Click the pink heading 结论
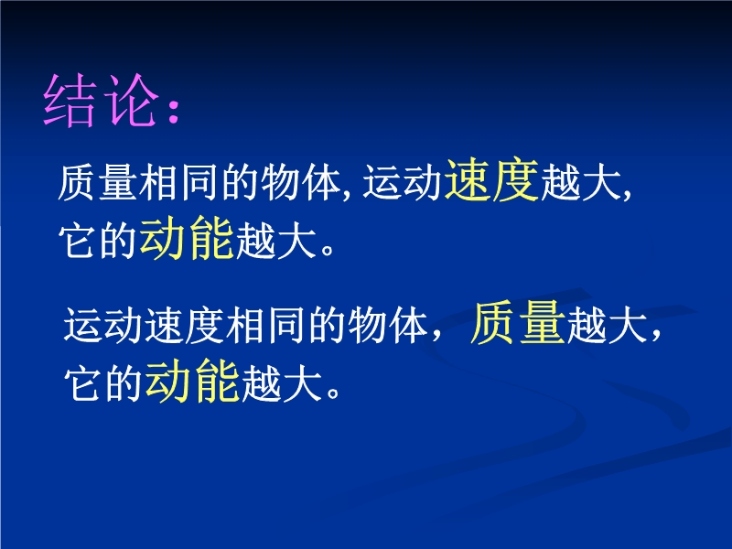(101, 101)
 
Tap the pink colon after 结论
(174, 110)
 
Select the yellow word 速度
(491, 179)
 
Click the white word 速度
(185, 324)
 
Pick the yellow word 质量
(518, 323)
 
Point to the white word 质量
(98, 181)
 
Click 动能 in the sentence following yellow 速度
(187, 238)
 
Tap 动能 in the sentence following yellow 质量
(192, 381)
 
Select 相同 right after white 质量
(178, 181)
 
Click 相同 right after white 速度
(265, 324)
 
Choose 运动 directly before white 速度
(103, 324)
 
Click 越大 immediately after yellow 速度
(580, 181)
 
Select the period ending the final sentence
(333, 392)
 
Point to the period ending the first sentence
(328, 248)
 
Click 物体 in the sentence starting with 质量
(301, 181)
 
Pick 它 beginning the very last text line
(82, 382)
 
